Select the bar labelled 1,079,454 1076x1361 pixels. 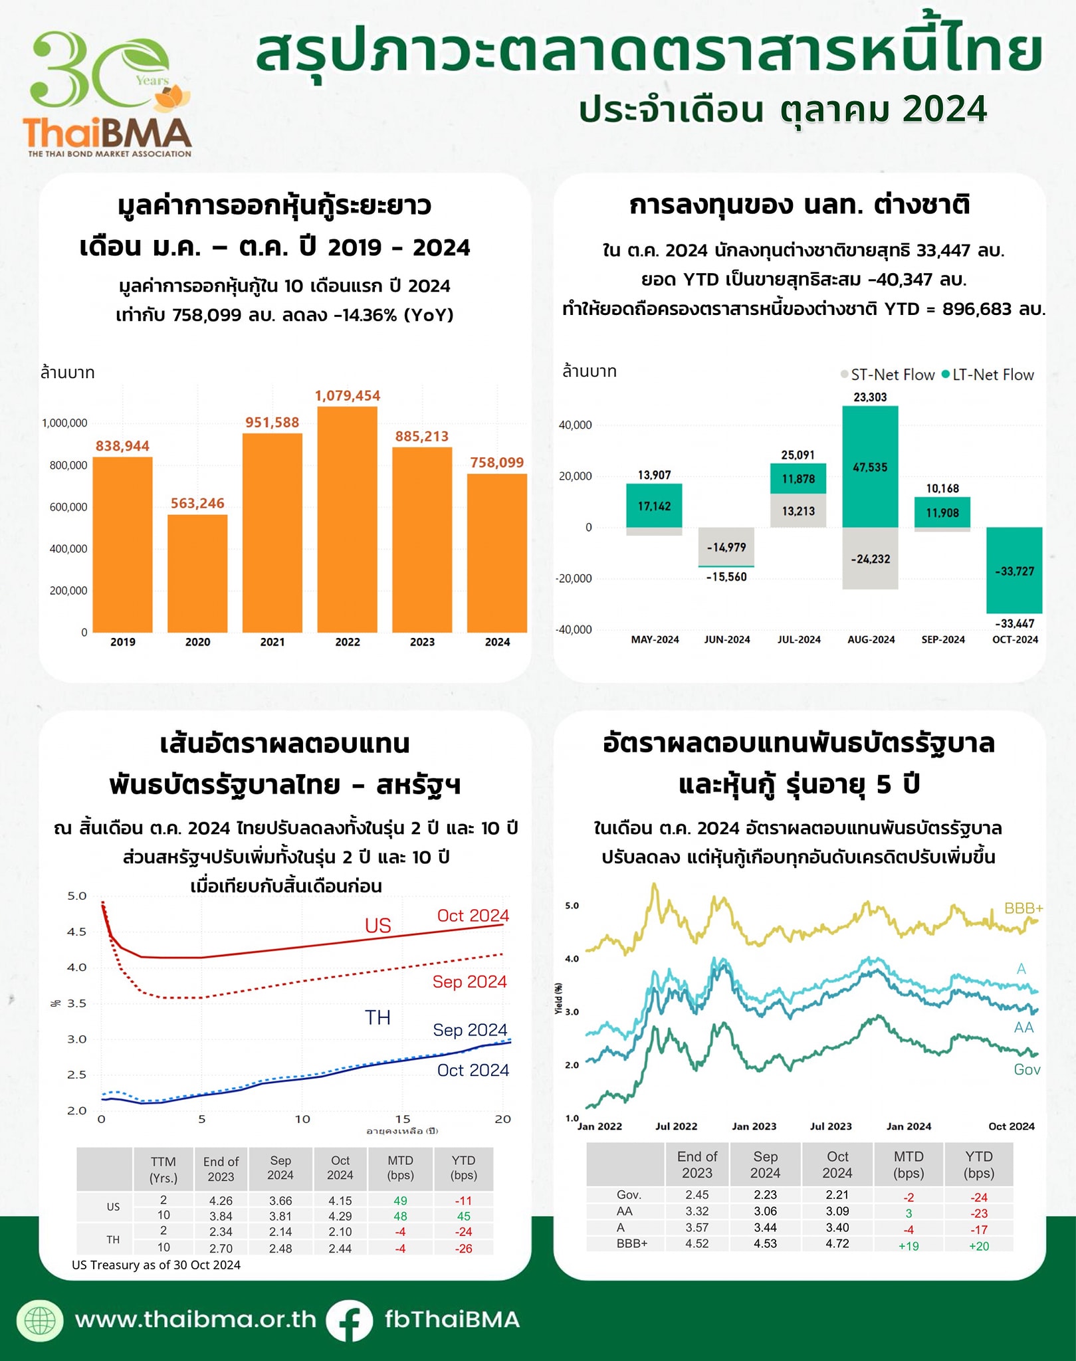tap(347, 518)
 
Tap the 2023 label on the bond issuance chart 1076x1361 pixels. tap(422, 642)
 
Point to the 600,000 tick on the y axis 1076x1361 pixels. tap(68, 507)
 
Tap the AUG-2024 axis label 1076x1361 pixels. tap(871, 639)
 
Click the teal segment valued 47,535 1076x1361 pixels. tap(870, 467)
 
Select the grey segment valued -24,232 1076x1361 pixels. tap(870, 559)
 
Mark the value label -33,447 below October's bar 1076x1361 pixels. tap(1014, 623)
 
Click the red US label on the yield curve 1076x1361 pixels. tap(377, 926)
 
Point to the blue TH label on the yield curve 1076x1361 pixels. tap(377, 1017)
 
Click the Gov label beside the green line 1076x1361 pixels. tap(1027, 1069)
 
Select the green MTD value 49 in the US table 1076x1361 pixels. tap(400, 1201)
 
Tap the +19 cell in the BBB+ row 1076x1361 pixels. tap(908, 1246)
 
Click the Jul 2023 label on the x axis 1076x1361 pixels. tap(831, 1126)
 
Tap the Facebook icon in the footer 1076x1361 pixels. tap(349, 1320)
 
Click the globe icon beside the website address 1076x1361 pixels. tap(40, 1320)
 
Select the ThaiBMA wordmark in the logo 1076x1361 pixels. tap(107, 134)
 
